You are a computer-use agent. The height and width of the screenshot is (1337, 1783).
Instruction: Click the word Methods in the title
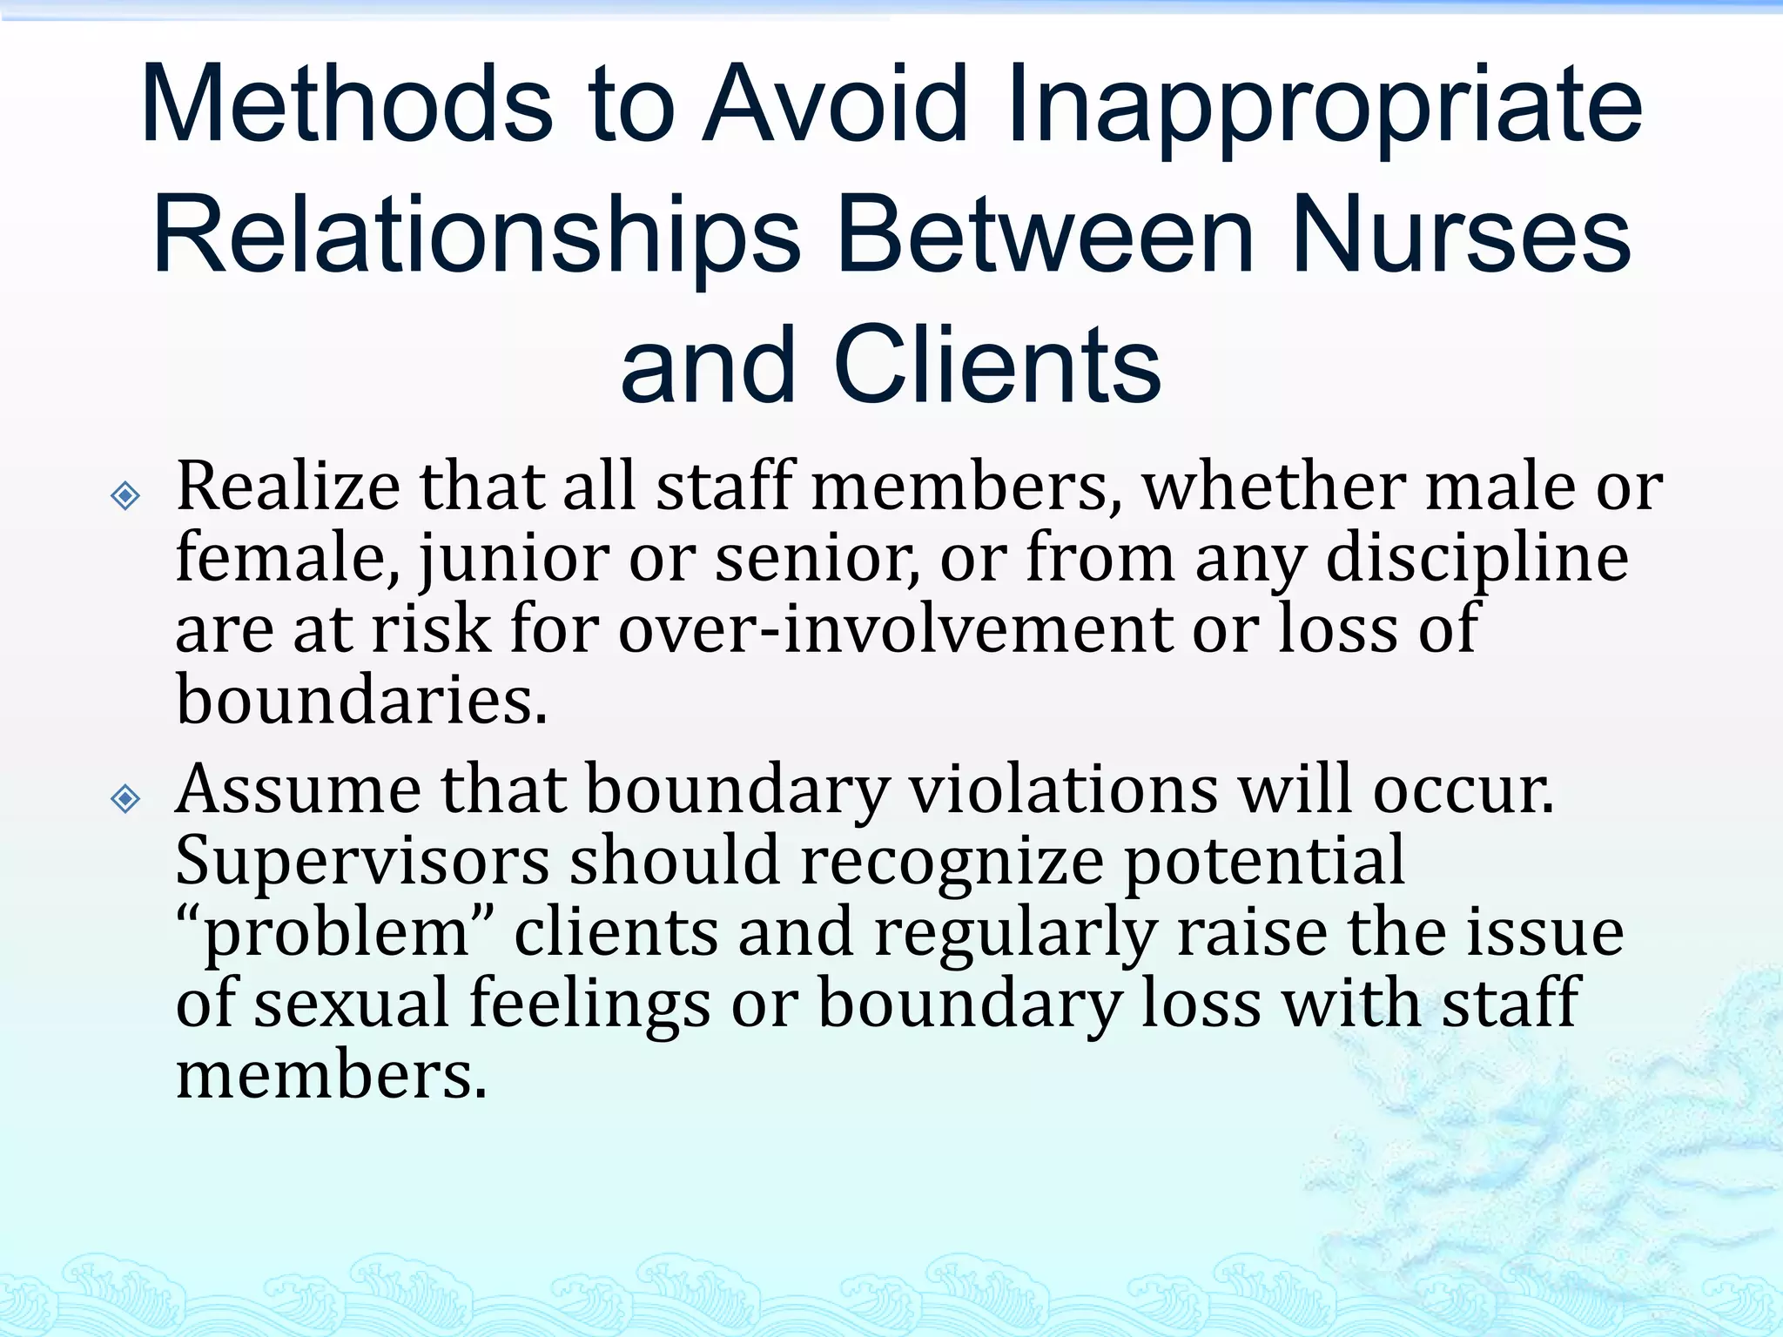click(347, 104)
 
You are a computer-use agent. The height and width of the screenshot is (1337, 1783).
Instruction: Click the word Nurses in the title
click(1461, 235)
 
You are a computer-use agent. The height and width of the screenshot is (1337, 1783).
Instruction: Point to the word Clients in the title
click(997, 366)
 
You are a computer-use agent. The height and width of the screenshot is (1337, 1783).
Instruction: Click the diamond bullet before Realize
click(126, 496)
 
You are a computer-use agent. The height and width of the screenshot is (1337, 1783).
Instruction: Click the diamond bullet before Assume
click(126, 797)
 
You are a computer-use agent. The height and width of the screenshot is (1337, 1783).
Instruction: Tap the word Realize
click(288, 487)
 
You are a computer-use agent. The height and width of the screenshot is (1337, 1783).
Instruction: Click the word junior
click(515, 560)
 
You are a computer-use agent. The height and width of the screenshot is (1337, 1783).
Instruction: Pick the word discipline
click(1477, 560)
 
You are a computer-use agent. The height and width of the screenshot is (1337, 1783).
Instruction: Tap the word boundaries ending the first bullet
click(361, 701)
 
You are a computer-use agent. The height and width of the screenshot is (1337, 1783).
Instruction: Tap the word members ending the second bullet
click(331, 1076)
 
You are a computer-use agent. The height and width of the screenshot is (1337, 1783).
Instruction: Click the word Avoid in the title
click(836, 104)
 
